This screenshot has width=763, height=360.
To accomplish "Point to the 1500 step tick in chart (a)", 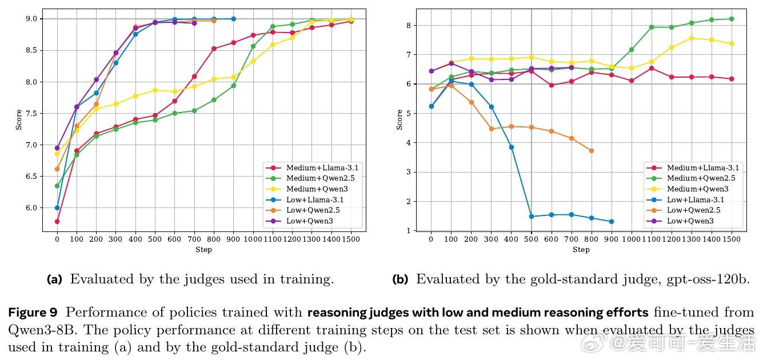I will click(x=350, y=239).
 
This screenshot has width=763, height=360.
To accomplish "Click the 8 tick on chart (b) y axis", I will click(x=408, y=25).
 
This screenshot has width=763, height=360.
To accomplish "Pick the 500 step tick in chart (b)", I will click(x=531, y=239).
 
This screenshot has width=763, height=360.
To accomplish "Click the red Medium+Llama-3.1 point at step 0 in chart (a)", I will click(x=57, y=221).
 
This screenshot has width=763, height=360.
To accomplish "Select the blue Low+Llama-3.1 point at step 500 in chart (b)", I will click(x=531, y=217).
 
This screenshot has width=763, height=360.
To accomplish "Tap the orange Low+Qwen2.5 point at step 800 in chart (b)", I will click(x=591, y=151).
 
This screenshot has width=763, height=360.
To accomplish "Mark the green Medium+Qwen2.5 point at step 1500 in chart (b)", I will click(x=732, y=19).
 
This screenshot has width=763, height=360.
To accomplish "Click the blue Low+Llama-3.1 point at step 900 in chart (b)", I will click(x=611, y=222).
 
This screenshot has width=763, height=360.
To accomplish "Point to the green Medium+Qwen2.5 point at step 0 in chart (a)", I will click(x=57, y=186).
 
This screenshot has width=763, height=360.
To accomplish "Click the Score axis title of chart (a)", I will click(x=19, y=119).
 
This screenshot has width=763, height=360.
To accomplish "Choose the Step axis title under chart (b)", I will click(x=581, y=249).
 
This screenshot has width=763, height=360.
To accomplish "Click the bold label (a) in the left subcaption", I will click(x=54, y=279).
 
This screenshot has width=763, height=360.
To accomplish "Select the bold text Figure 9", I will click(x=33, y=313).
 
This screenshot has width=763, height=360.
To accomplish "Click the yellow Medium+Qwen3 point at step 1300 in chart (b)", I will click(x=691, y=38).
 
